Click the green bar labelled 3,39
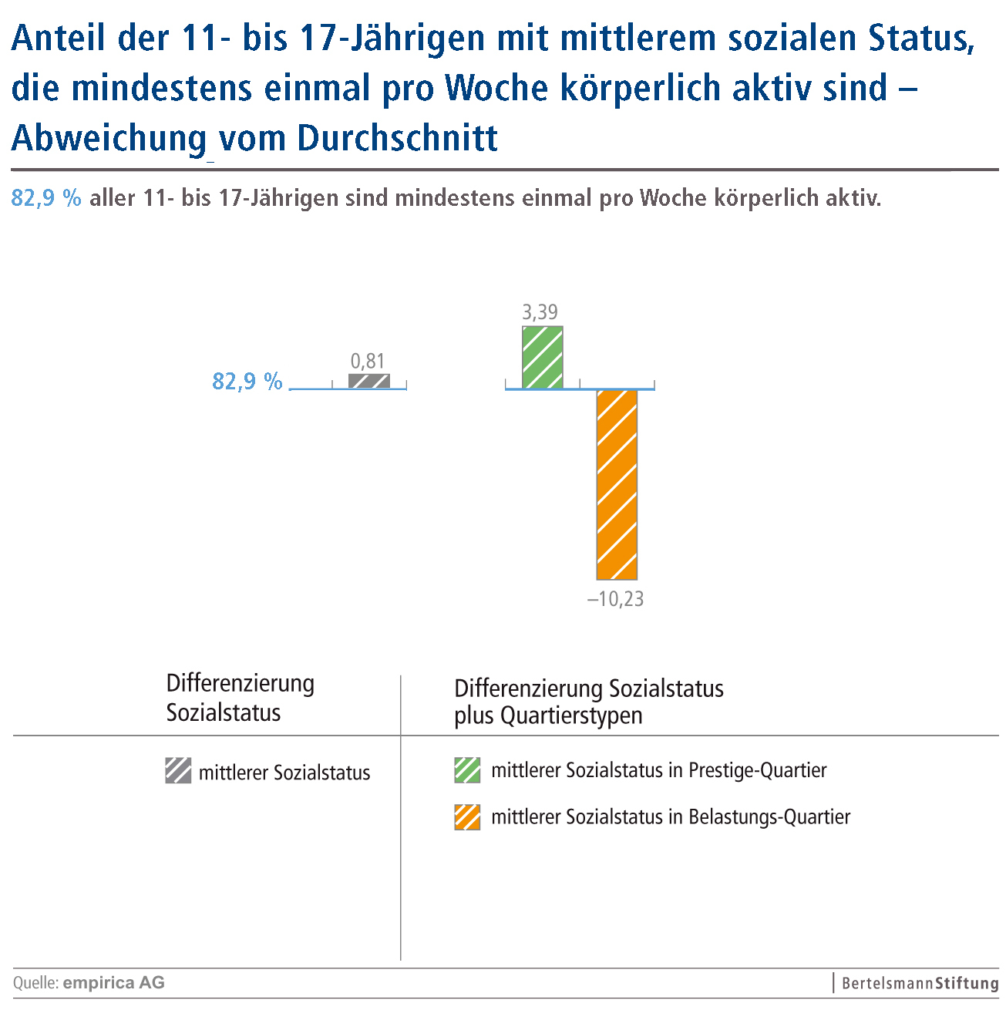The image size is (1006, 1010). click(543, 357)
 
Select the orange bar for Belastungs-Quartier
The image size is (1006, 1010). click(617, 484)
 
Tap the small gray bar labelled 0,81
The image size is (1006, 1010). click(369, 381)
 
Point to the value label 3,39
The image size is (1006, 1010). click(540, 312)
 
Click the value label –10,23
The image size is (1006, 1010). click(615, 599)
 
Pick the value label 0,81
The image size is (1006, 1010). click(368, 361)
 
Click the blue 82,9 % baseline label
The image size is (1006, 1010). click(247, 382)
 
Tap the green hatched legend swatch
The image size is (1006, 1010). click(467, 770)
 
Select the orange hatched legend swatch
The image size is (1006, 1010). click(467, 817)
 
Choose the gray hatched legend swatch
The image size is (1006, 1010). click(178, 771)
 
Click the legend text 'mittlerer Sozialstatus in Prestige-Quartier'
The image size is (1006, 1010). click(659, 770)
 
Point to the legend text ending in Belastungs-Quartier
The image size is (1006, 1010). click(671, 817)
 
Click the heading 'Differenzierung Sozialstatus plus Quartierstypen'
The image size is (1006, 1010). click(589, 702)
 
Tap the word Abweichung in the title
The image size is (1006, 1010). click(109, 139)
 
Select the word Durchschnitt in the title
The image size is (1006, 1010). click(398, 139)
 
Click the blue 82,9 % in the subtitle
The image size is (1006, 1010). click(46, 198)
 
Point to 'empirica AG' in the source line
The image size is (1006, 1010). click(114, 983)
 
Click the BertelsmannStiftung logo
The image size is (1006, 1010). click(920, 984)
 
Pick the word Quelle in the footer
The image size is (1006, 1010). click(35, 983)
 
